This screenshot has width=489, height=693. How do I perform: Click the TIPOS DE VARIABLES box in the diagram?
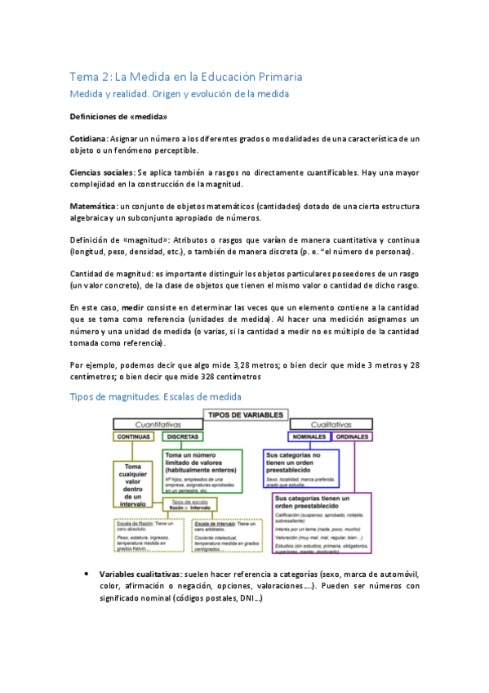click(x=246, y=414)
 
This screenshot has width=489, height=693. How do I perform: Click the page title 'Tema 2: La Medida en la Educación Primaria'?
click(x=185, y=77)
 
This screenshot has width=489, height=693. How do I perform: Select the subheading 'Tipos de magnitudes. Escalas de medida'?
click(x=155, y=396)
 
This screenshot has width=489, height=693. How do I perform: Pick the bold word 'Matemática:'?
click(x=94, y=205)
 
